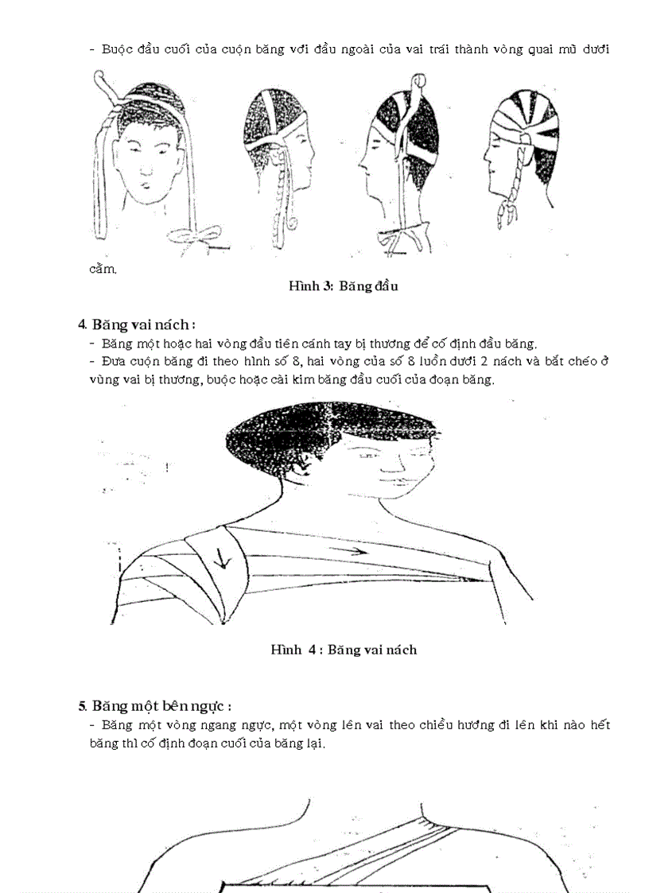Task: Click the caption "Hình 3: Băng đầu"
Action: coord(343,286)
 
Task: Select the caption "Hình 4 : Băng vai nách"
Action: coord(343,650)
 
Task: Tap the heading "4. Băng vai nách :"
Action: coord(137,324)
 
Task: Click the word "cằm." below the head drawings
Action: coord(103,268)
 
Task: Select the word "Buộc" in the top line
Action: coord(119,49)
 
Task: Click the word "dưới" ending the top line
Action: coord(594,49)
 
